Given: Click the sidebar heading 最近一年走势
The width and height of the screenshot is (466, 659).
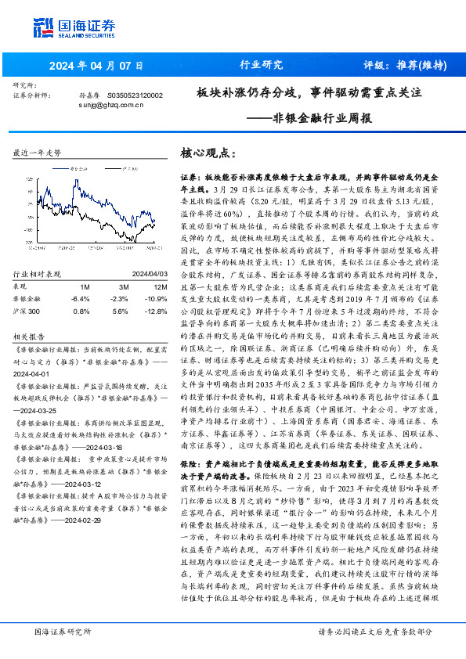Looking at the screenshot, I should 37,154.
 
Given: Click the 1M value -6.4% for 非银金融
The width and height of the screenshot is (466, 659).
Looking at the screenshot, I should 81,298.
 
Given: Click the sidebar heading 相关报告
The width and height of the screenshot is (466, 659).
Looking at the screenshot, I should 31,335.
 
